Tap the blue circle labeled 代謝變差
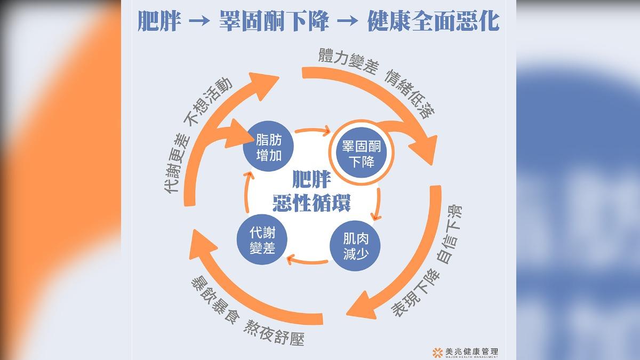click(262, 239)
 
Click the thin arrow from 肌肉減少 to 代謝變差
click(308, 261)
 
